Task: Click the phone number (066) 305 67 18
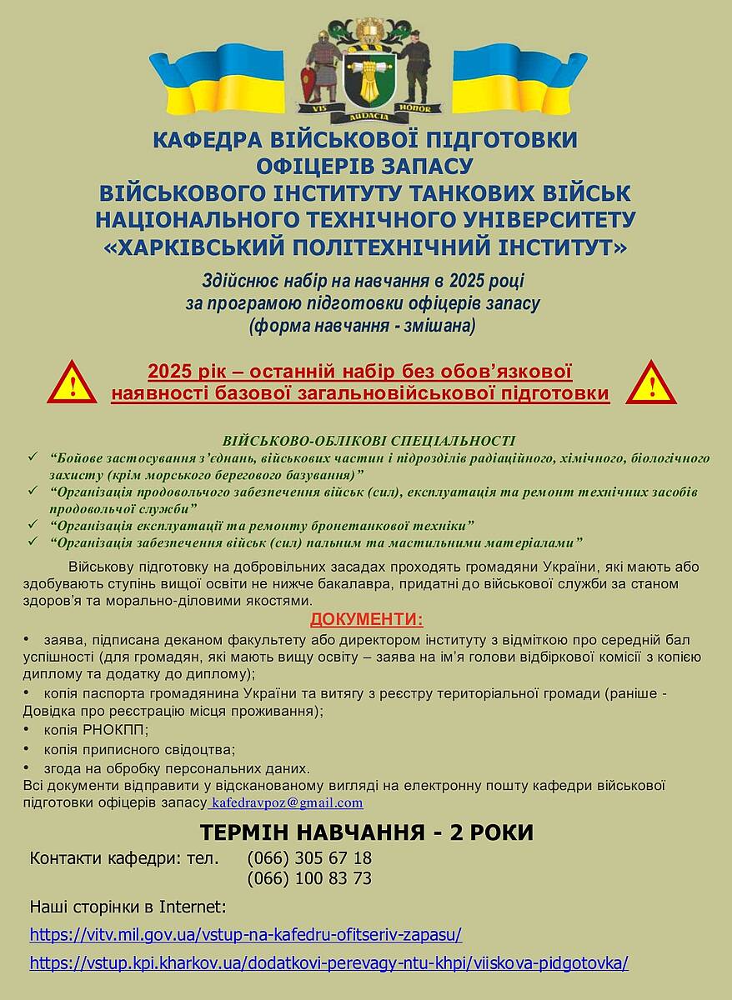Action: point(309,858)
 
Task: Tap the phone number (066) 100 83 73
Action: point(309,878)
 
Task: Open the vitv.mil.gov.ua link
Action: point(245,934)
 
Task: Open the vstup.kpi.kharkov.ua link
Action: point(328,963)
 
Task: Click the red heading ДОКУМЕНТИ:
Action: point(366,619)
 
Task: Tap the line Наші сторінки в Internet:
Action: point(128,907)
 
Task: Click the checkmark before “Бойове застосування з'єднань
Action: point(33,457)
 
